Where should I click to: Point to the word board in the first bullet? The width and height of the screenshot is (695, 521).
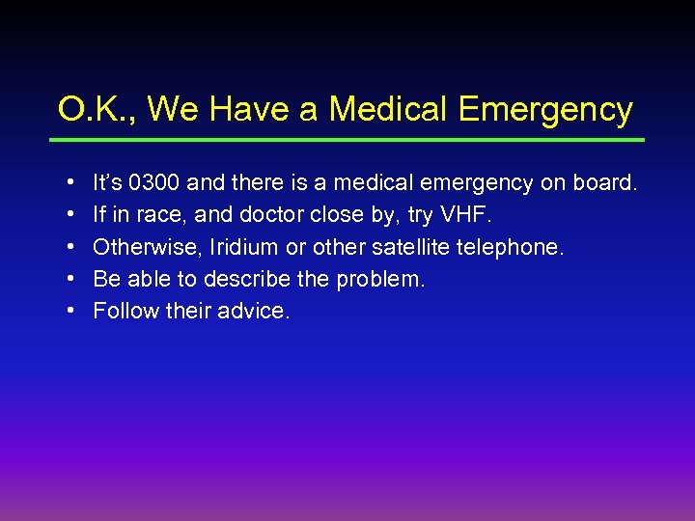pos(607,181)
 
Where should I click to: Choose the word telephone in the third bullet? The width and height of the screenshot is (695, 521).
pos(513,247)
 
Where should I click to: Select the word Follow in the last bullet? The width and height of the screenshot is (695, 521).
pos(122,312)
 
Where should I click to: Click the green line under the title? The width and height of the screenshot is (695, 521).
pos(347,140)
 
